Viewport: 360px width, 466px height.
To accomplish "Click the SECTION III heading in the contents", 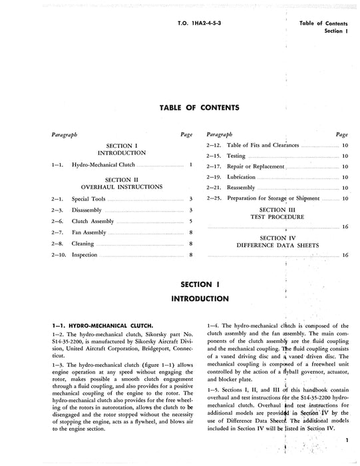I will pos(276,210).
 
